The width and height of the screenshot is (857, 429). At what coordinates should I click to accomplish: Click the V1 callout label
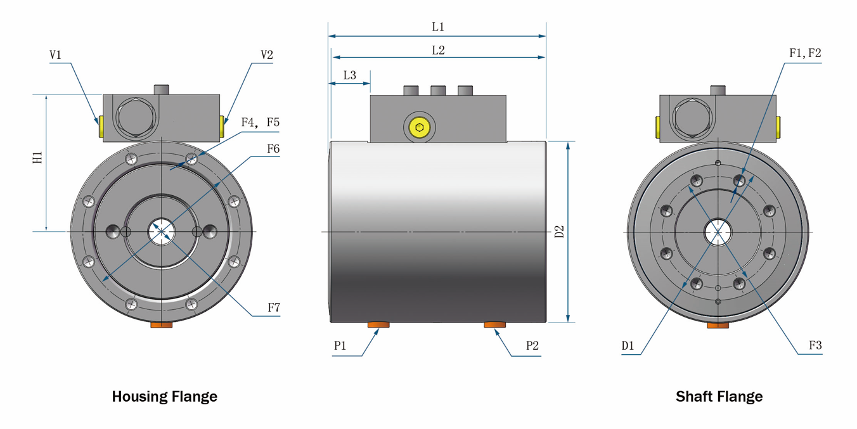[55, 55]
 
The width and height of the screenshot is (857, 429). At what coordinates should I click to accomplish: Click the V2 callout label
[267, 55]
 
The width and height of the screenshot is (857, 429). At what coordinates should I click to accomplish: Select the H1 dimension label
[38, 158]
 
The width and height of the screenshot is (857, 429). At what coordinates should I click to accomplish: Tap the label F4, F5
[260, 122]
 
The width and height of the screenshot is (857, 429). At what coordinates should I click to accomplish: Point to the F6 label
[273, 149]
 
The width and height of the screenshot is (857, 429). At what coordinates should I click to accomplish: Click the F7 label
[274, 308]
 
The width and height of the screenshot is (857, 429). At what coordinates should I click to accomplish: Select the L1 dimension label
[438, 27]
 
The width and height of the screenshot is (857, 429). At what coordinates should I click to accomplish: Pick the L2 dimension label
[438, 50]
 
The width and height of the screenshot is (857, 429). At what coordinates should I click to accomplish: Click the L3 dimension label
[349, 75]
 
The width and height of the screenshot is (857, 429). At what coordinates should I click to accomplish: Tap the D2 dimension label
[559, 231]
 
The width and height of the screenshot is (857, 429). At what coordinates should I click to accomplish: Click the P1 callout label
[340, 346]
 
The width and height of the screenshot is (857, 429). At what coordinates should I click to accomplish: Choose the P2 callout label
[532, 346]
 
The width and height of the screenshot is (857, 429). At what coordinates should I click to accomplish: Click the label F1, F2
[805, 54]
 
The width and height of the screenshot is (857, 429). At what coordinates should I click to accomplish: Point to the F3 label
[815, 346]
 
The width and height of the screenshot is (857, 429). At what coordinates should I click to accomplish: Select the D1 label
[628, 346]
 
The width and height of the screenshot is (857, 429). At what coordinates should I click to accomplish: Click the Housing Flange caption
[165, 397]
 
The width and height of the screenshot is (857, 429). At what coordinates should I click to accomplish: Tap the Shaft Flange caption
[719, 397]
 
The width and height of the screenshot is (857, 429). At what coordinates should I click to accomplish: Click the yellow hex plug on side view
[420, 128]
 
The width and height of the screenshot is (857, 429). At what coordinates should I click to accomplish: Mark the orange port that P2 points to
[495, 325]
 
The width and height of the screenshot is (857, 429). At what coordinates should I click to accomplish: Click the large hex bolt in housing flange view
[136, 118]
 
